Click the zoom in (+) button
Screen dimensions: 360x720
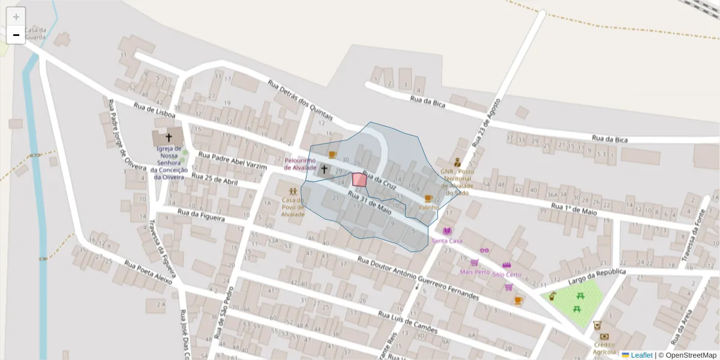16,17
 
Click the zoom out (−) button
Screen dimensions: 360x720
16,35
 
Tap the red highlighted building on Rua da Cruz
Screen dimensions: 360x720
359,179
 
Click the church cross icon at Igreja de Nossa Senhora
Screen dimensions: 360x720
169,137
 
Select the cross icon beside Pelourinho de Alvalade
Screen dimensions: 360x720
324,170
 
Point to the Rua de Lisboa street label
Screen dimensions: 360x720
155,111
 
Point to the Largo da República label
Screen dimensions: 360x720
597,277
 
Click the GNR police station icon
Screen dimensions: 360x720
457,161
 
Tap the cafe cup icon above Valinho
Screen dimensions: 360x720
428,198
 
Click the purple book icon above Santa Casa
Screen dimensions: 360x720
446,231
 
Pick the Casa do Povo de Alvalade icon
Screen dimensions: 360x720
292,190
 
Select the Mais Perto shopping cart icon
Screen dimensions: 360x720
474,262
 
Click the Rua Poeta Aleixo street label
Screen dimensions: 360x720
148,272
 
